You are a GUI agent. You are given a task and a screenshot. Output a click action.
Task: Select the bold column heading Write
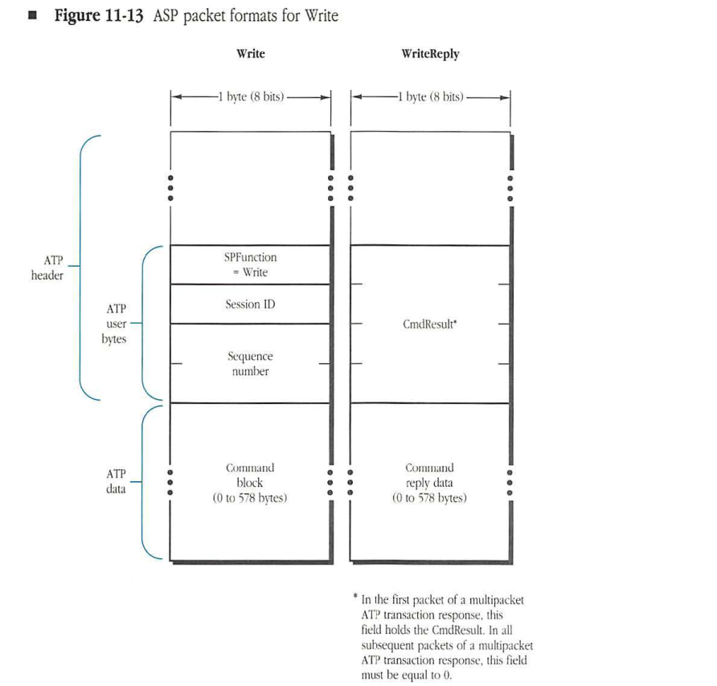point(250,54)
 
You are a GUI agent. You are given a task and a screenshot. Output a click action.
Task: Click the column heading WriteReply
point(429,54)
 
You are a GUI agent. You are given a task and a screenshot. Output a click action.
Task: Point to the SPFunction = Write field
point(250,265)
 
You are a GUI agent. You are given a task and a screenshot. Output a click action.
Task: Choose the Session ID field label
point(250,304)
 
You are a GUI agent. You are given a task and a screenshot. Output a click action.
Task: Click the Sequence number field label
point(250,363)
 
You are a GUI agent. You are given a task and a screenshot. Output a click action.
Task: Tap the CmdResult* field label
point(431,325)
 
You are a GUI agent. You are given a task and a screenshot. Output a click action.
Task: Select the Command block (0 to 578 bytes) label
point(250,483)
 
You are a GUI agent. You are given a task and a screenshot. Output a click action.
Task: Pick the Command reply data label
point(429,483)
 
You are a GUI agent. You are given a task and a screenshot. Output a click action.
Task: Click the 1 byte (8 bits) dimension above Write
point(250,97)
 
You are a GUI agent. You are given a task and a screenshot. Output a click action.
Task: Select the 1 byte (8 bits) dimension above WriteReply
point(430,97)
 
